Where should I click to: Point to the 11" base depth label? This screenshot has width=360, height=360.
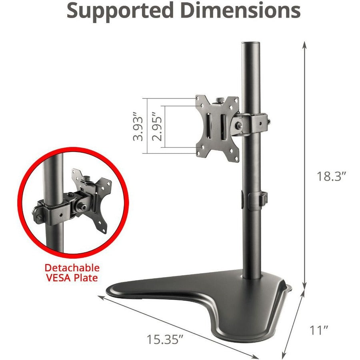point(319,319)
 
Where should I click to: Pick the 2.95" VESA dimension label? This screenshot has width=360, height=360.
point(157,128)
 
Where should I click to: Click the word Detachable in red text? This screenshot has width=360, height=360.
point(72,268)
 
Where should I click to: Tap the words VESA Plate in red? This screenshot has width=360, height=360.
point(72,278)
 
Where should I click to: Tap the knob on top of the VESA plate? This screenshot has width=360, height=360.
point(220,99)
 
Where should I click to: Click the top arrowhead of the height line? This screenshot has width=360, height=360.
point(305,44)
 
